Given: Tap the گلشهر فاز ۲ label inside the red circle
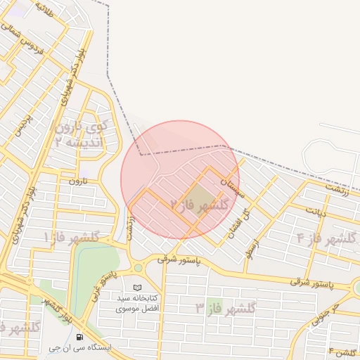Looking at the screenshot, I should (200, 205).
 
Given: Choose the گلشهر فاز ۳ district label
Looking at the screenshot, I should (226, 307).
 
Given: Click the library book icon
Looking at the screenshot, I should (137, 288).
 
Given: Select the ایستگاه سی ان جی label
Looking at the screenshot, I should (78, 347).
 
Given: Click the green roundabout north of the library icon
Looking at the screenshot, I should (138, 268).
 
